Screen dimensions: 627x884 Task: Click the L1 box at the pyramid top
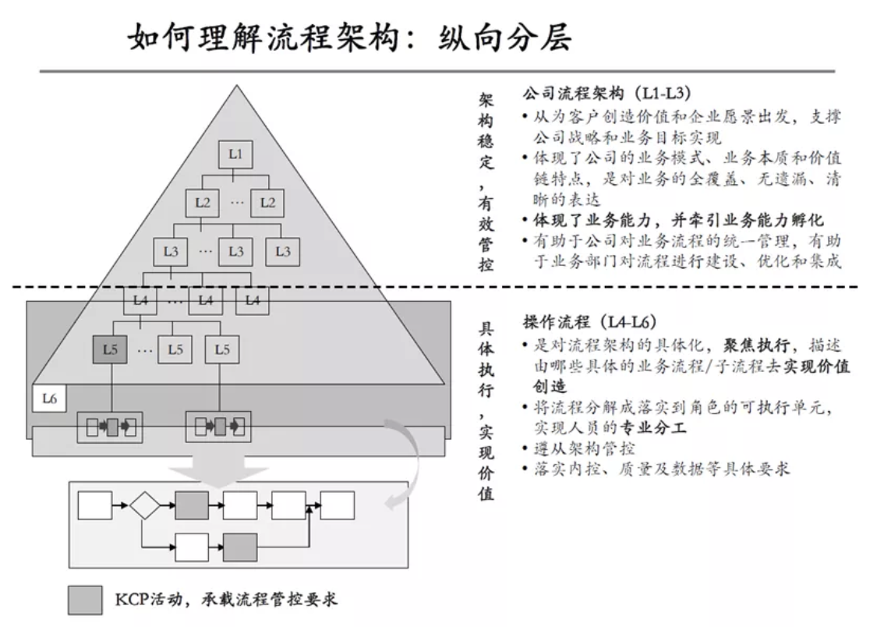coord(235,154)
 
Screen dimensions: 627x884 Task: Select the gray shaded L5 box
coord(110,350)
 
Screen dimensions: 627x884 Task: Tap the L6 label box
coord(49,399)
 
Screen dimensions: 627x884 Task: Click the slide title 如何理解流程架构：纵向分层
coord(350,37)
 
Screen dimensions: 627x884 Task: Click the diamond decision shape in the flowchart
coord(144,505)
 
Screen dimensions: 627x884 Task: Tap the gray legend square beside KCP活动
coord(84,600)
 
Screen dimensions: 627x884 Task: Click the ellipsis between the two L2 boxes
coord(235,203)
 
